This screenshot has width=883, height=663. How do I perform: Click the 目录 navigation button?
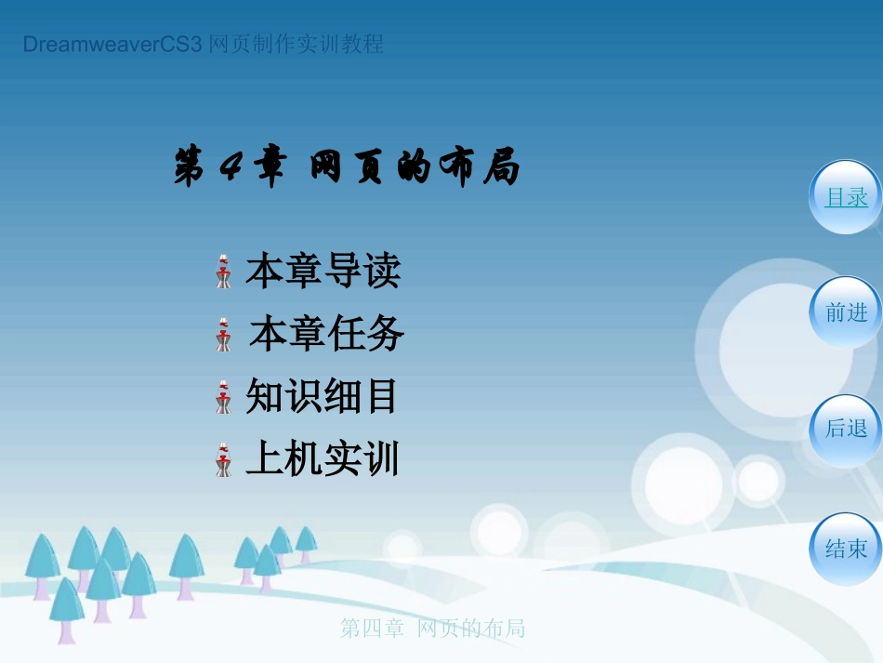tap(846, 197)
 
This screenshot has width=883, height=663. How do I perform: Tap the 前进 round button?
tap(846, 313)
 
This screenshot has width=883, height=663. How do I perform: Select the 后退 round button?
tap(846, 429)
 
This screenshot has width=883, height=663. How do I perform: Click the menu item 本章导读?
tap(323, 271)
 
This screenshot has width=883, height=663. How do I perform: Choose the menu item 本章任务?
tap(327, 334)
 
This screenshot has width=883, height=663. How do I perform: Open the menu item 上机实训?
tap(322, 459)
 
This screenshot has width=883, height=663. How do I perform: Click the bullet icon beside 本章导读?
tap(223, 272)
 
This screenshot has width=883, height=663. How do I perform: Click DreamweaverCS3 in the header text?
tap(112, 45)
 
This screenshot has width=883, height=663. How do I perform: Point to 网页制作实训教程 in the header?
tap(297, 45)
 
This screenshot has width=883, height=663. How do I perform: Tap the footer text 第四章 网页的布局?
tap(432, 630)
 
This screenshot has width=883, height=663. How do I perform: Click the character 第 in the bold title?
tap(190, 170)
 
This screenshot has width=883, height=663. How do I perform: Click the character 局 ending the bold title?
tap(502, 170)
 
